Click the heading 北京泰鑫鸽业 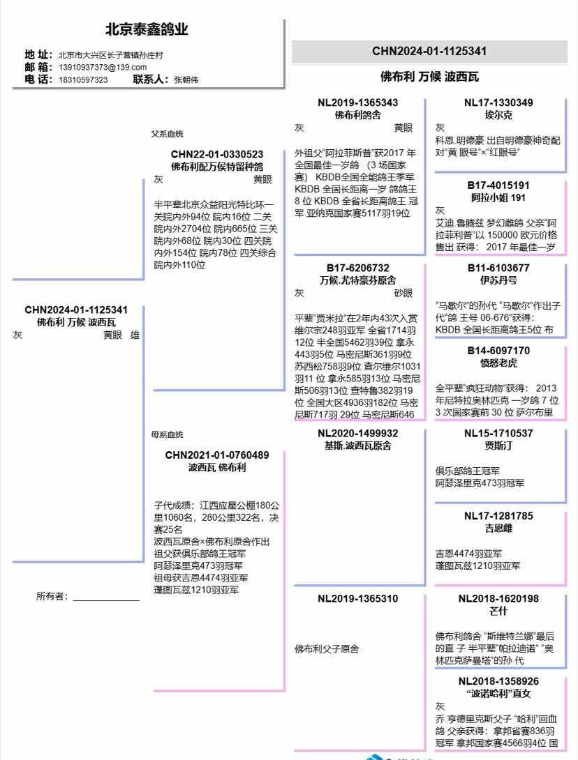click(147, 29)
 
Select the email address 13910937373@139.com click(103, 67)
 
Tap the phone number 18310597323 click(83, 79)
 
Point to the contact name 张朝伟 click(186, 79)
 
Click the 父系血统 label click(168, 134)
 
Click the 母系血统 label click(168, 434)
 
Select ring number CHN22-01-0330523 click(217, 154)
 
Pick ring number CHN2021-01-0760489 click(217, 455)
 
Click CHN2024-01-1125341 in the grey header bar click(429, 51)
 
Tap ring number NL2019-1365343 click(358, 102)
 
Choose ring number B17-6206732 click(358, 268)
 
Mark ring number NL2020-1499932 click(358, 433)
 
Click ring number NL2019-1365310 click(358, 598)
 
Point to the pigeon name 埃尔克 click(498, 115)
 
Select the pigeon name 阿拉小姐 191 click(498, 197)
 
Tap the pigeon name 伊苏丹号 click(498, 280)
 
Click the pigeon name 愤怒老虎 click(498, 363)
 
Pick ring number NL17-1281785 click(498, 516)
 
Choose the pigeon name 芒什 click(498, 611)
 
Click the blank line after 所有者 click(106, 598)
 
